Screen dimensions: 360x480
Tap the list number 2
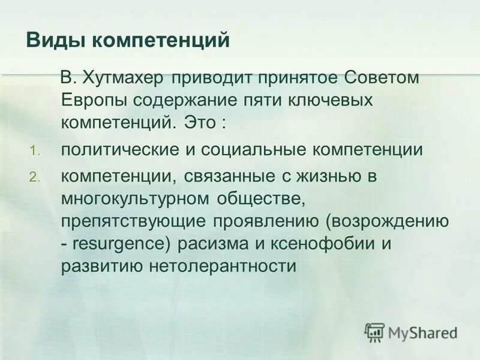pos(34,178)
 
